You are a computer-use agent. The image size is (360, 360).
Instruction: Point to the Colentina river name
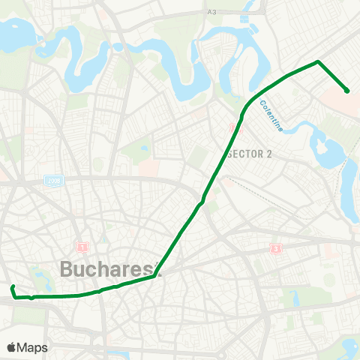pyautogui.click(x=271, y=115)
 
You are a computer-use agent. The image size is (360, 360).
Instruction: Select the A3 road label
pyautogui.click(x=211, y=11)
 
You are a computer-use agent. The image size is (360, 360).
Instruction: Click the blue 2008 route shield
pyautogui.click(x=53, y=181)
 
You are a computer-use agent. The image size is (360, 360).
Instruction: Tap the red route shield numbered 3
pyautogui.click(x=277, y=247)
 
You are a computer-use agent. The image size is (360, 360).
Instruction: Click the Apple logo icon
pyautogui.click(x=11, y=347)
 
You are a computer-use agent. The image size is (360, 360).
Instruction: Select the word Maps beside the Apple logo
pyautogui.click(x=32, y=347)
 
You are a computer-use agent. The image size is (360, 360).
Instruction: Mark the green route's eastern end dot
pyautogui.click(x=346, y=91)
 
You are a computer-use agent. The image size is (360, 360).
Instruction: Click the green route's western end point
pyautogui.click(x=12, y=287)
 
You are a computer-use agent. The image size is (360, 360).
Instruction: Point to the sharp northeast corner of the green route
pyautogui.click(x=319, y=61)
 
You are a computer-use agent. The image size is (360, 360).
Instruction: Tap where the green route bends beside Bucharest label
pyautogui.click(x=154, y=275)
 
